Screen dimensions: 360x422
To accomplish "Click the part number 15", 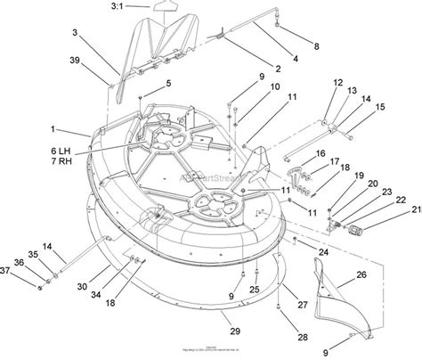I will coord(380,109).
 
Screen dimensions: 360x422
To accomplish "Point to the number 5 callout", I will coord(166,84).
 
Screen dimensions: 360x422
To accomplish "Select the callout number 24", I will coord(324,252).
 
